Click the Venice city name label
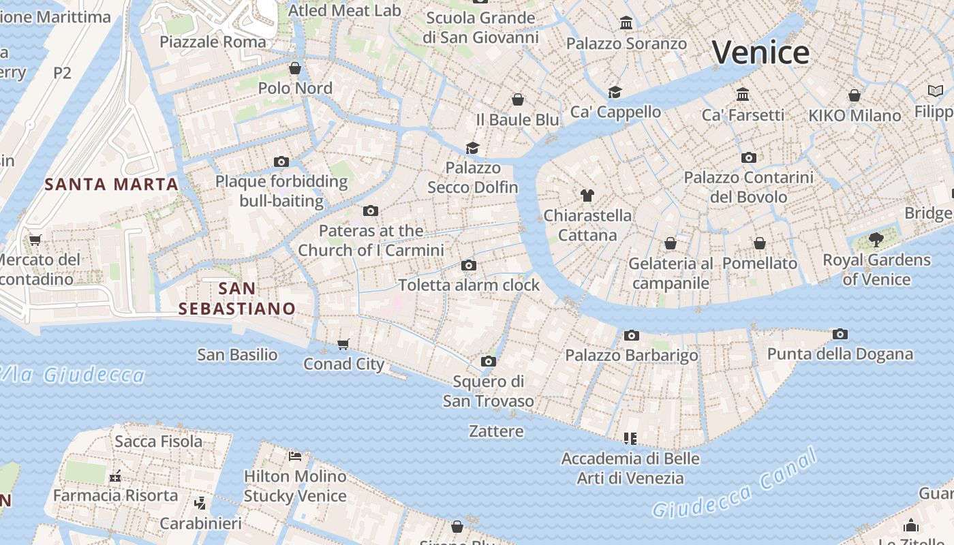[x=760, y=52]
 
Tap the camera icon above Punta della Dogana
[x=840, y=334]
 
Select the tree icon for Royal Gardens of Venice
[x=876, y=240]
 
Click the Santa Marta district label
[x=111, y=184]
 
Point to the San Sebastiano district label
[x=237, y=298]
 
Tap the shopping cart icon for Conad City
[x=343, y=344]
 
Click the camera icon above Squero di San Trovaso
[x=488, y=361]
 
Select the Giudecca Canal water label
[x=734, y=485]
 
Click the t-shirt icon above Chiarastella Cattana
[x=587, y=196]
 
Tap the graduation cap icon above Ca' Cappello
[x=615, y=92]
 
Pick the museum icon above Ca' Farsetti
[x=743, y=94]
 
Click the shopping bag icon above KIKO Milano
[x=855, y=95]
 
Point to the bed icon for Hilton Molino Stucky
[x=295, y=456]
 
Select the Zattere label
[x=496, y=431]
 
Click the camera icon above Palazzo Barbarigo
[x=632, y=335]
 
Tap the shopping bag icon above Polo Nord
[x=295, y=68]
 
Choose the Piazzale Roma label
[x=213, y=42]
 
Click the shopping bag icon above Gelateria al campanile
[x=671, y=243]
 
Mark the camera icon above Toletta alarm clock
[x=469, y=265]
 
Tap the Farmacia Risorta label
[x=115, y=495]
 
